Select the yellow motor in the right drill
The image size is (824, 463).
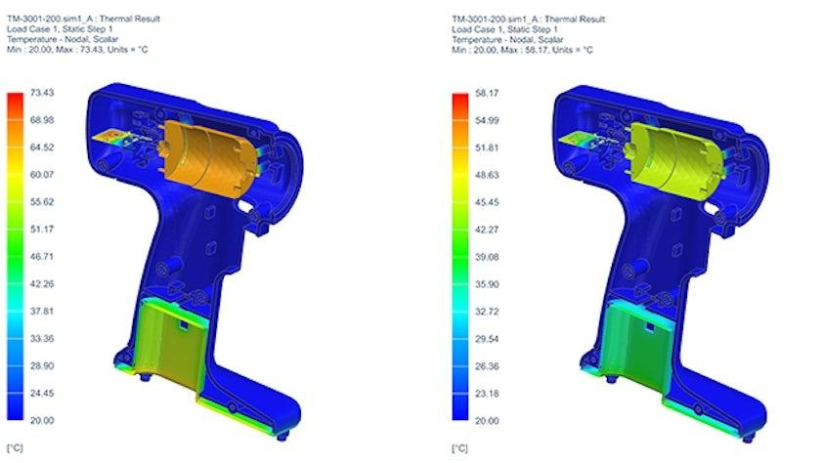670,152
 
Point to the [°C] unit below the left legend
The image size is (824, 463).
17,447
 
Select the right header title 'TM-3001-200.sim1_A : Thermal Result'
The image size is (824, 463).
527,18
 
